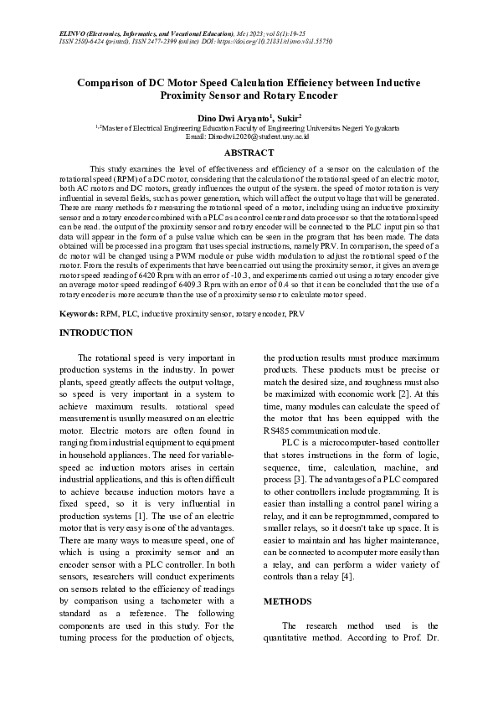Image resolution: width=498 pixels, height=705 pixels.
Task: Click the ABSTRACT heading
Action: [249, 152]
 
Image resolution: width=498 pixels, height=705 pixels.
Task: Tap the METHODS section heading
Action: [288, 601]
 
